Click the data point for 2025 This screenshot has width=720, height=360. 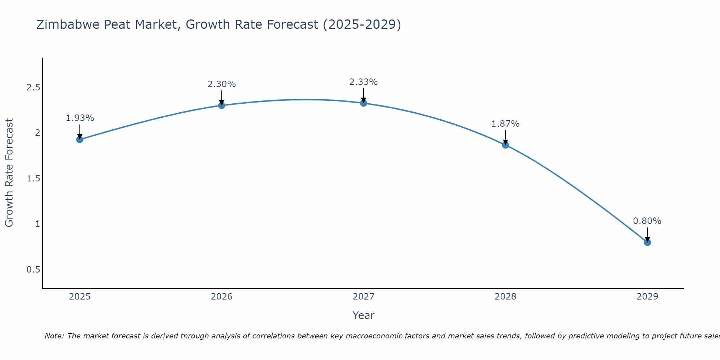pos(80,139)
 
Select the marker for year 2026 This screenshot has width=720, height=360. pos(222,105)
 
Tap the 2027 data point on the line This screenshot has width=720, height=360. pos(364,103)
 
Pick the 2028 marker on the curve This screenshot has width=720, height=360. pos(505,145)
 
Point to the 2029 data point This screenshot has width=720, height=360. pos(647,242)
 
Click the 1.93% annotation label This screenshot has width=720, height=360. pos(80,118)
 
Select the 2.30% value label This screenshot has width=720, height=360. pos(222,84)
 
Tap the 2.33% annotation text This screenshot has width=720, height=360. pos(364,82)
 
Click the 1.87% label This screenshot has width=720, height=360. pos(505,124)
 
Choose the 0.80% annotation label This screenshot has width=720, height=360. pos(647,221)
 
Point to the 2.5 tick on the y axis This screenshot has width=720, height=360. pos(33,87)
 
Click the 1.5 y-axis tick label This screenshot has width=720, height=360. pos(33,179)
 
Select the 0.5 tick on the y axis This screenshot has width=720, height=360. pos(33,270)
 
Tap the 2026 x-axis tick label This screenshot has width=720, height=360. pos(222,297)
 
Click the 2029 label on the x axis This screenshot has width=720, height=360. pos(647,297)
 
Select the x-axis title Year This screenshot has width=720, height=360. pos(364,315)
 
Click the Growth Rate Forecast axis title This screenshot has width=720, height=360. pos(9,173)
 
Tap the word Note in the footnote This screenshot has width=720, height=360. pos(54,336)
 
